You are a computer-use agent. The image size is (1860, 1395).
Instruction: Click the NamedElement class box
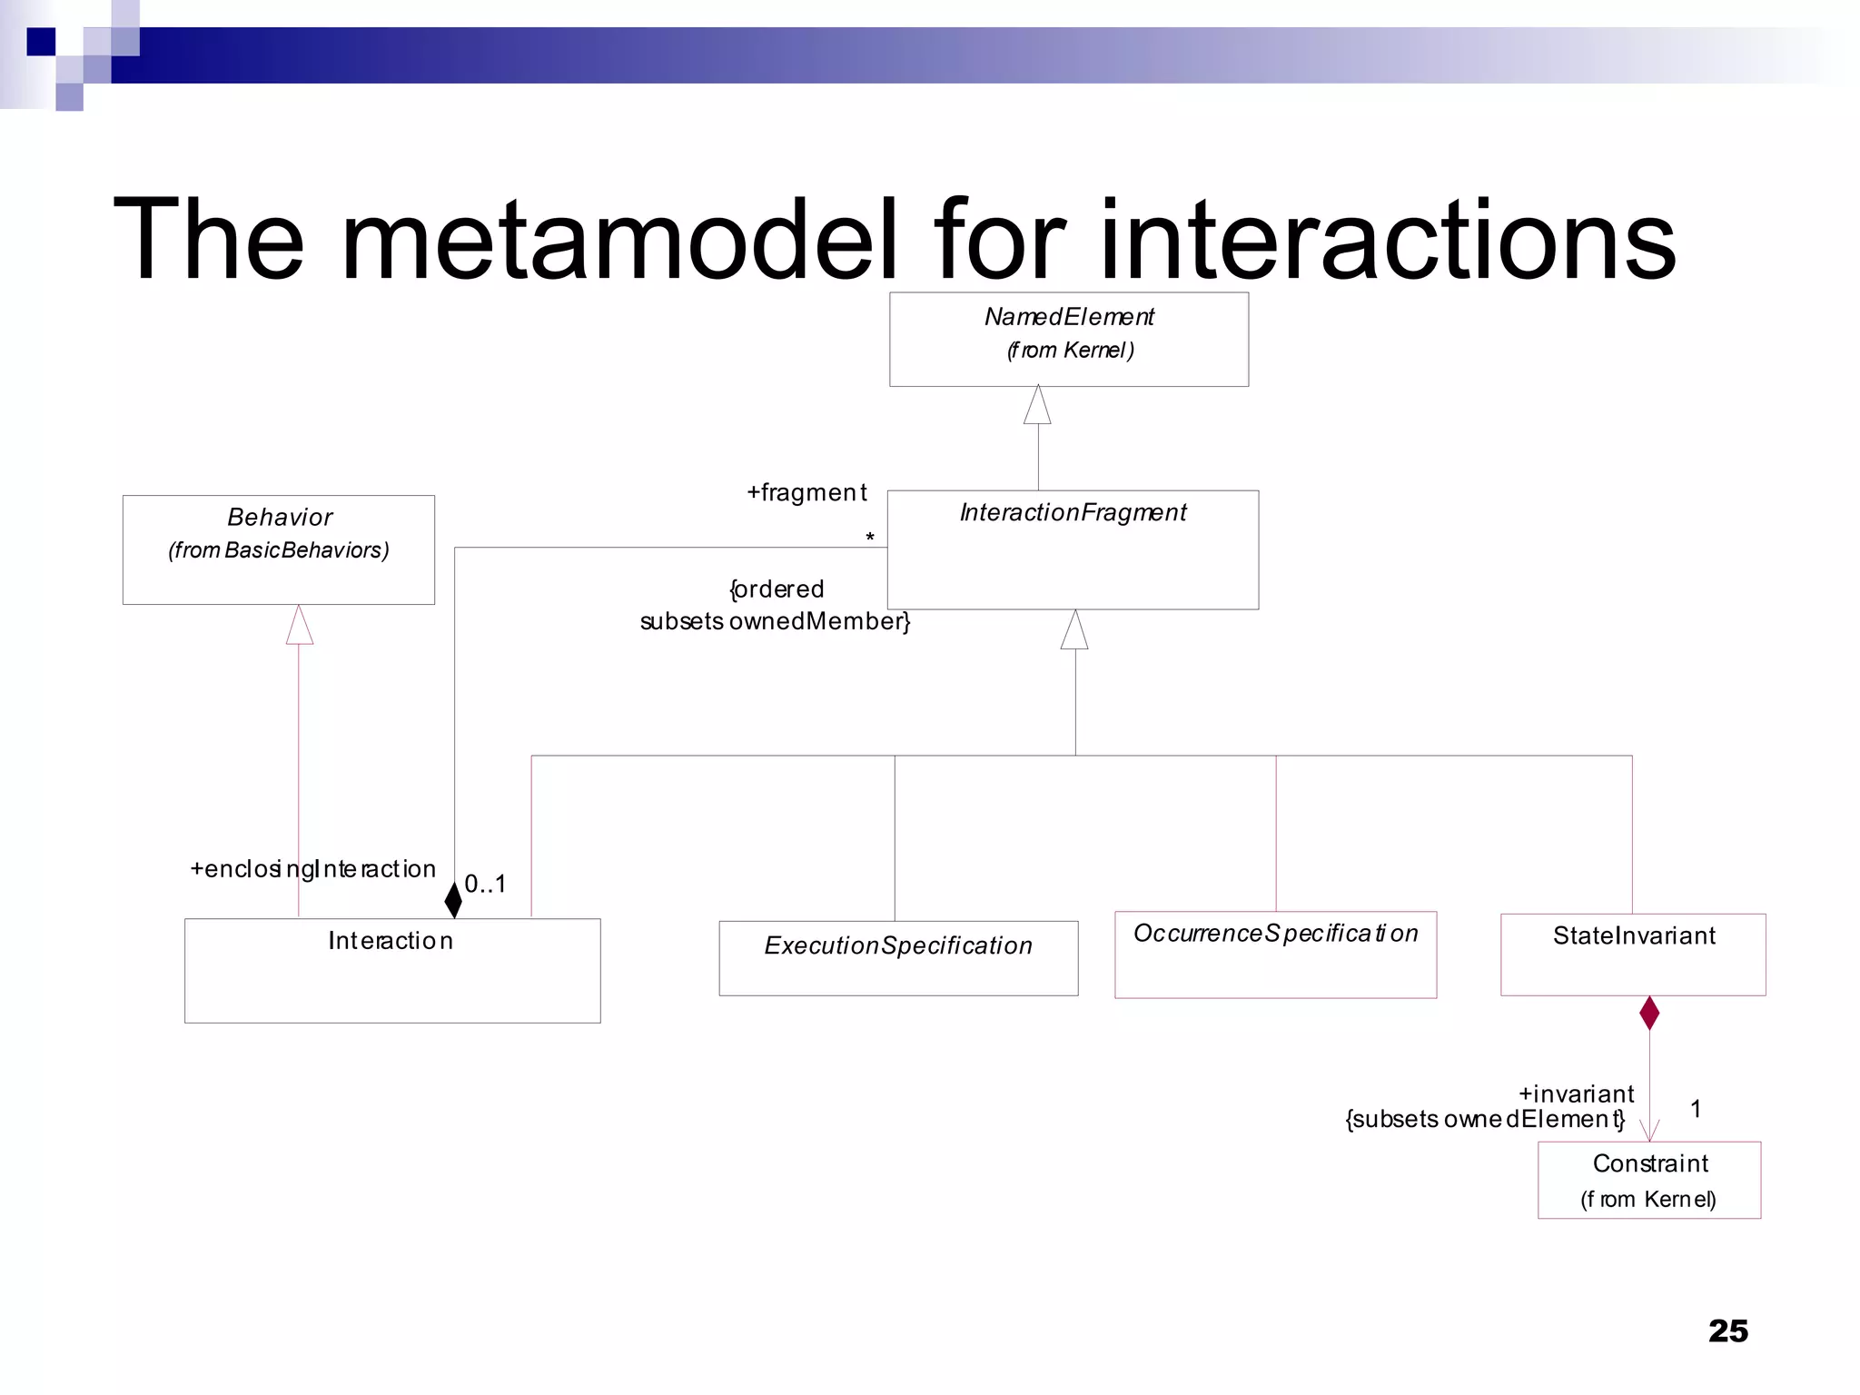(1068, 339)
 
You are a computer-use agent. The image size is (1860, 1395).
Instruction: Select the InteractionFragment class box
(1072, 550)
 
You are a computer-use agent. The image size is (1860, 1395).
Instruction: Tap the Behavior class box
(278, 549)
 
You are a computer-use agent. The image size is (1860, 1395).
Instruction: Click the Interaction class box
(391, 970)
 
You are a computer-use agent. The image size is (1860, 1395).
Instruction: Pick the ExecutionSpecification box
(897, 958)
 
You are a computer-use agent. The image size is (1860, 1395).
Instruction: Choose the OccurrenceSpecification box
(1275, 955)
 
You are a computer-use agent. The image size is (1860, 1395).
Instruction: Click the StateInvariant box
(1632, 955)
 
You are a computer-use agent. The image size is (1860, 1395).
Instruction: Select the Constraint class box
(1648, 1180)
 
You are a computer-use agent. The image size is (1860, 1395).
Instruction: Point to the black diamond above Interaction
(453, 899)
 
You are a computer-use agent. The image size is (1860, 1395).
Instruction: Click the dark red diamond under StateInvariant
(1649, 1013)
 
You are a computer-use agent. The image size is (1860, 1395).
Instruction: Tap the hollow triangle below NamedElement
(1037, 405)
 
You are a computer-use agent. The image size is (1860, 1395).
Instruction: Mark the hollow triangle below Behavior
(299, 625)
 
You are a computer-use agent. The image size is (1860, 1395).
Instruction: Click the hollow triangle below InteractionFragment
(1074, 629)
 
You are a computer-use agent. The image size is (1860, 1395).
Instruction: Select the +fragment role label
(806, 492)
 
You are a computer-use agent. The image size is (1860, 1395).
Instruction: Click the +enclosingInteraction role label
(312, 869)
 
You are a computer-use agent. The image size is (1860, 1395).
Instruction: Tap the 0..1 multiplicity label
(485, 884)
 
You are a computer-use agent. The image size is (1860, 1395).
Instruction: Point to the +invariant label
(1576, 1093)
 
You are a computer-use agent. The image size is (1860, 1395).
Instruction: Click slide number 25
(1727, 1331)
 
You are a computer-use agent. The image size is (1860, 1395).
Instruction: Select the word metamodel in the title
(619, 240)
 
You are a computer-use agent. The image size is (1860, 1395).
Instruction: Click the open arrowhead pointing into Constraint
(1649, 1131)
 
